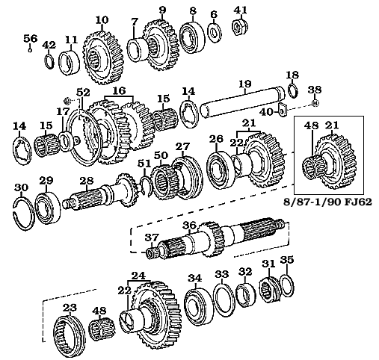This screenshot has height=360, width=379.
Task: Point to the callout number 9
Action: [161, 10]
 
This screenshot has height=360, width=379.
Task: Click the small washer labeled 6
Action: [214, 32]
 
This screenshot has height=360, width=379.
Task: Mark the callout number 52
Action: [83, 92]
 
